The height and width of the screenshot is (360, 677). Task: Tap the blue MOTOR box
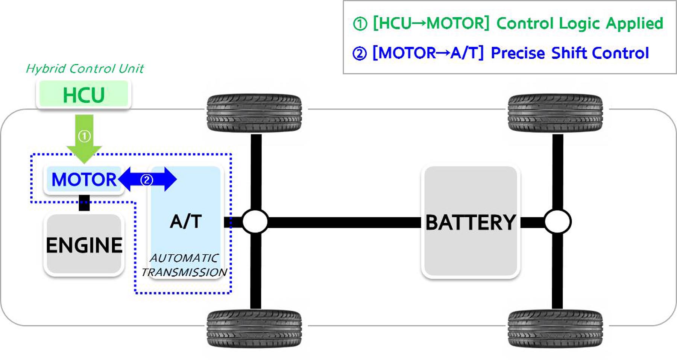84,179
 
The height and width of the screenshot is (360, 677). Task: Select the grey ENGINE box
84,245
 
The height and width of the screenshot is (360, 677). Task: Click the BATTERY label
471,222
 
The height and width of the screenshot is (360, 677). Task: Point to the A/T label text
186,221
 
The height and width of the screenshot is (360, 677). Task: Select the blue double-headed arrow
147,179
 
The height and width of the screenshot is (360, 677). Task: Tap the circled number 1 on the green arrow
84,136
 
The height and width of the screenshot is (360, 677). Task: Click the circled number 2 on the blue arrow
147,180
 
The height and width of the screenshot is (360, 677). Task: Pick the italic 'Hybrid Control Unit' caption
85,68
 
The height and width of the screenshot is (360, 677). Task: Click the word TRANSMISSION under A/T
184,272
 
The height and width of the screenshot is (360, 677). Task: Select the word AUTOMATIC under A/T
184,258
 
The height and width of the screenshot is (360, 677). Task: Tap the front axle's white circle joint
255,222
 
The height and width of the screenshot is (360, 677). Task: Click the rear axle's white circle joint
557,222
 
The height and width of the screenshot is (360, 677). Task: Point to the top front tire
254,113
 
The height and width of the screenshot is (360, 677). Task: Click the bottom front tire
254,329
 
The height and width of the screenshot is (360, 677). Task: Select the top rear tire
555,113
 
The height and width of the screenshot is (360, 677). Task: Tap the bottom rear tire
555,329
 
